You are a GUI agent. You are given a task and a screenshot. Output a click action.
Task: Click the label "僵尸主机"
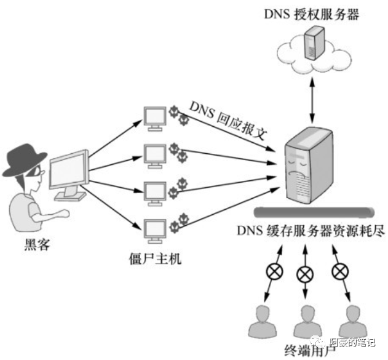(156, 253)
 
